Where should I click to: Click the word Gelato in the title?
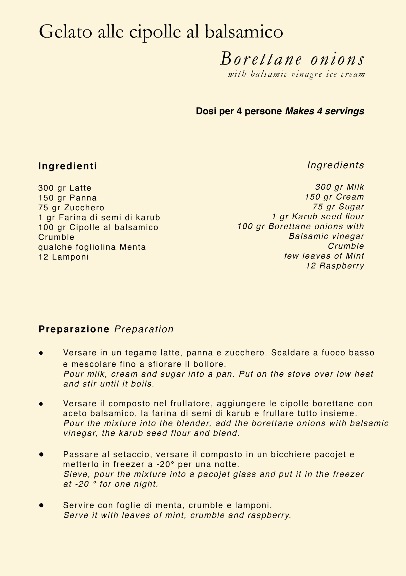(65, 32)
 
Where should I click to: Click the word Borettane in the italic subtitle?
(261, 59)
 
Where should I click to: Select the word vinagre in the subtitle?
(306, 74)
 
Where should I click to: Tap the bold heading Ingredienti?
(68, 166)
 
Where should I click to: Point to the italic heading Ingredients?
(336, 165)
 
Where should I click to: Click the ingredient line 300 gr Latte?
(65, 188)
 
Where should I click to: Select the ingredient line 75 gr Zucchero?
(71, 208)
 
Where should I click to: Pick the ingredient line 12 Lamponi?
(63, 257)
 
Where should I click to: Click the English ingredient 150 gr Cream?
(334, 197)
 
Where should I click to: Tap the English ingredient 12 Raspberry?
(335, 266)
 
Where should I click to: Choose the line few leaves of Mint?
(324, 256)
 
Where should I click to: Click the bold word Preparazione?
(74, 329)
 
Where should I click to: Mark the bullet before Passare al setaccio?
(41, 454)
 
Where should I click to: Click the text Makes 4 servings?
(325, 111)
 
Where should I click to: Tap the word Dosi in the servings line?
(206, 111)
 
